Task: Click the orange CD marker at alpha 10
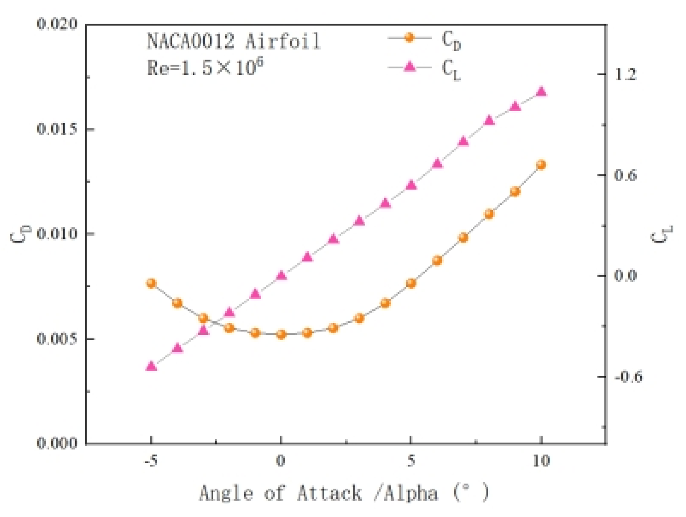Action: (x=541, y=165)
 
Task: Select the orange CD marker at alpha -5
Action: (x=151, y=283)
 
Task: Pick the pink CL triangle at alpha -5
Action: (x=151, y=366)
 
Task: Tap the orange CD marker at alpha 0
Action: (x=281, y=334)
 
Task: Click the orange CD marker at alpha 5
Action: (x=411, y=283)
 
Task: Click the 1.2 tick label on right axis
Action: (x=625, y=75)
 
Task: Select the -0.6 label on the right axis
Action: (x=628, y=377)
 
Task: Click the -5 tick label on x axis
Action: (x=151, y=461)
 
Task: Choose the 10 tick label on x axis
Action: (x=541, y=461)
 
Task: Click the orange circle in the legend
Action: (x=409, y=37)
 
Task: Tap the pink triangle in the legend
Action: (x=409, y=66)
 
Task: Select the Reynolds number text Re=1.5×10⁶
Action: (x=205, y=68)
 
